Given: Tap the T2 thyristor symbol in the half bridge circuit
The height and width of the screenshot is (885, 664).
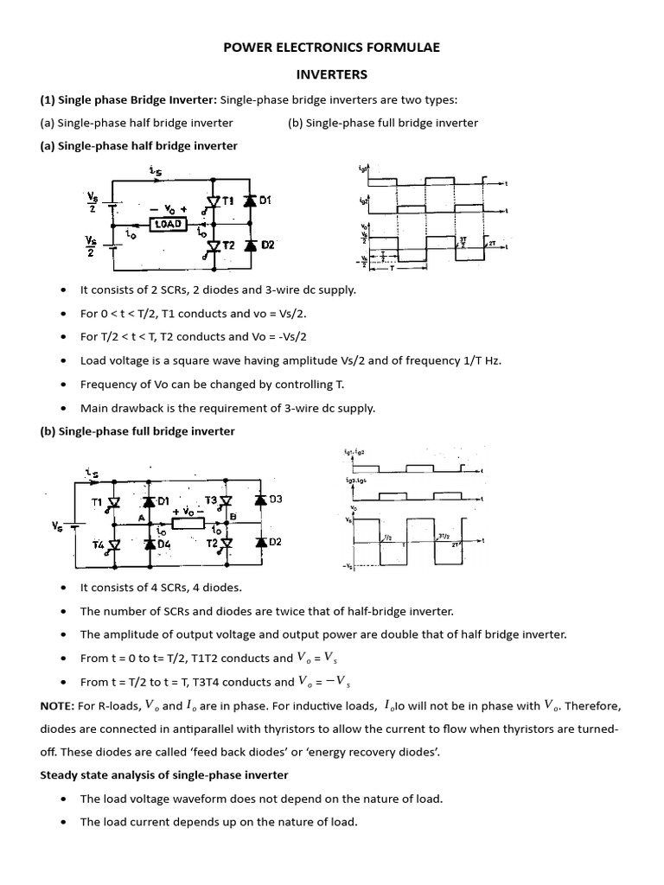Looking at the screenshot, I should [213, 245].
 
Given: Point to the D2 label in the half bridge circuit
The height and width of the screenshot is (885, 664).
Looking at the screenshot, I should [267, 245].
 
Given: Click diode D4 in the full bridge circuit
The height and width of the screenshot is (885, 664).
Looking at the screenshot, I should [150, 544].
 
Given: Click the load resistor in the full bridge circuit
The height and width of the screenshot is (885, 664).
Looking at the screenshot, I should [187, 523].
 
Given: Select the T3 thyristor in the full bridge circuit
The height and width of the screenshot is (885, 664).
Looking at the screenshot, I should [226, 500].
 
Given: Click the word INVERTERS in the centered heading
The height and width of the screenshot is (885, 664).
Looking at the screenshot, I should [332, 75].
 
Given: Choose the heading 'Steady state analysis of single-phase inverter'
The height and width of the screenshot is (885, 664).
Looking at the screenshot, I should [164, 774].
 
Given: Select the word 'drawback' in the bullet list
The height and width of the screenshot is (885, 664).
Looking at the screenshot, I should [137, 408].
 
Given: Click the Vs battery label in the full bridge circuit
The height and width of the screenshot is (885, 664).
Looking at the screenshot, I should [57, 523].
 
